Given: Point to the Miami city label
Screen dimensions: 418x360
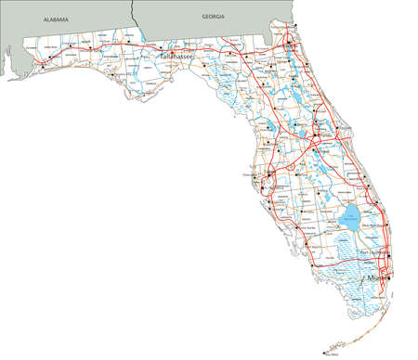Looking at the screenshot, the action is [377, 277].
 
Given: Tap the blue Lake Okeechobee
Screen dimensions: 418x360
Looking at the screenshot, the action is [352, 219].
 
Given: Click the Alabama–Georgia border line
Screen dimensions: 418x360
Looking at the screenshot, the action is [135, 14].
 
